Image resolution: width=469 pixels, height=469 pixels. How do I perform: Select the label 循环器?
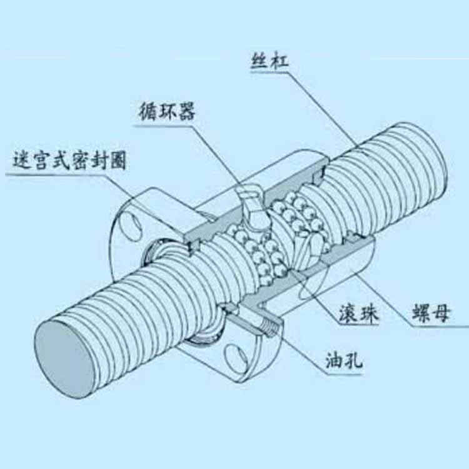pyautogui.click(x=167, y=111)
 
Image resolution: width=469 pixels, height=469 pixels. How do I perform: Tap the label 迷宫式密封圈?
pyautogui.click(x=69, y=161)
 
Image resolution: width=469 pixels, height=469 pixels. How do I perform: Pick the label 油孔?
pyautogui.click(x=345, y=361)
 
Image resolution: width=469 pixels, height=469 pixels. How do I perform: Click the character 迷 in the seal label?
pyautogui.click(x=21, y=161)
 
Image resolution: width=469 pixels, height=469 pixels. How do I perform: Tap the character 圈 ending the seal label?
pyautogui.click(x=118, y=161)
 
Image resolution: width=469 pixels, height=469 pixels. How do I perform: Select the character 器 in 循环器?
pyautogui.click(x=186, y=111)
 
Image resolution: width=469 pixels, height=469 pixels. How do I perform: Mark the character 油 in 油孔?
pyautogui.click(x=335, y=361)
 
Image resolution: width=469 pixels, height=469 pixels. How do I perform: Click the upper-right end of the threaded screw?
pyautogui.click(x=431, y=150)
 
